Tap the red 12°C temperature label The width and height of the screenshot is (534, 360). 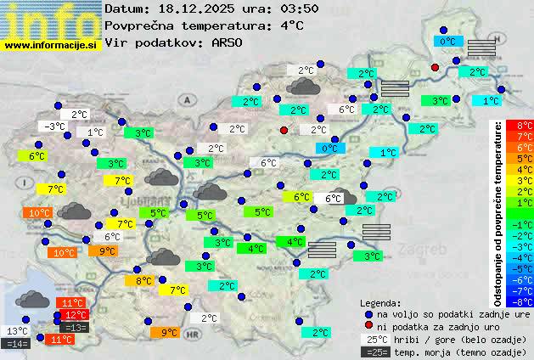pyautogui.click(x=76, y=315)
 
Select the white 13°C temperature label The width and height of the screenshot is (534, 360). pyautogui.click(x=17, y=331)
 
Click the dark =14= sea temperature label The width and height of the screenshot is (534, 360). pyautogui.click(x=16, y=344)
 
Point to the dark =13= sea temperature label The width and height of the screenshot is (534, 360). pyautogui.click(x=76, y=327)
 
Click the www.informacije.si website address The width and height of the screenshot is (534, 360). pyautogui.click(x=51, y=44)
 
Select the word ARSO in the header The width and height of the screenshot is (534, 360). pyautogui.click(x=228, y=42)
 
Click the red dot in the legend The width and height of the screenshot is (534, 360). pyautogui.click(x=368, y=326)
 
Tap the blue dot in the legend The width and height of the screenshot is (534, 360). pyautogui.click(x=368, y=314)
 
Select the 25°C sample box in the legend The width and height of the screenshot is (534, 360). pyautogui.click(x=374, y=339)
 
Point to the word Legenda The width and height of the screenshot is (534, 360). pyautogui.click(x=380, y=303)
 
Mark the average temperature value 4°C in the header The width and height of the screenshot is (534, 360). pyautogui.click(x=292, y=25)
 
